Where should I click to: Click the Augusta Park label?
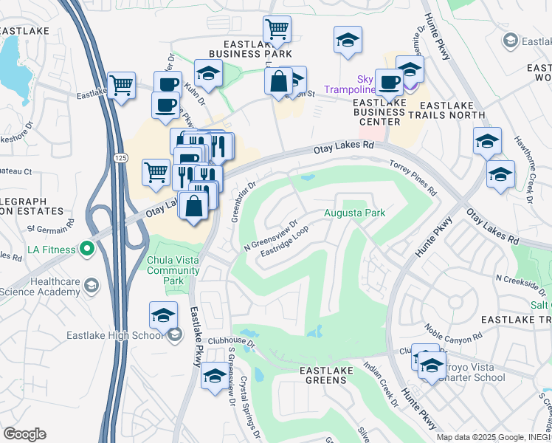tap(354, 213)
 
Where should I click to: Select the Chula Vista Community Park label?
tap(174, 270)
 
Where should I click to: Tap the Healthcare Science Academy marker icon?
tap(92, 285)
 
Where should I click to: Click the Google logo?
tap(24, 434)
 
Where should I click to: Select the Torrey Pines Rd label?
tap(413, 178)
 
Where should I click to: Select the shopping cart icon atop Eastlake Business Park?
tap(277, 30)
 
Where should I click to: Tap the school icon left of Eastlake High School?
tap(163, 315)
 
